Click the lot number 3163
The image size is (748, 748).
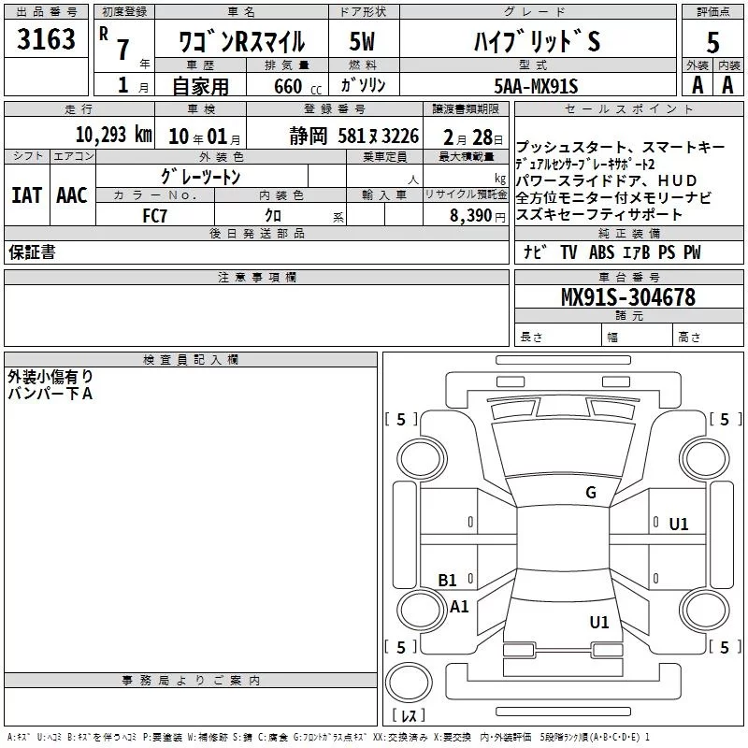pyautogui.click(x=46, y=40)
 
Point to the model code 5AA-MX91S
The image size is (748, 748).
pyautogui.click(x=536, y=86)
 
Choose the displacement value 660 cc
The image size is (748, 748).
pyautogui.click(x=293, y=86)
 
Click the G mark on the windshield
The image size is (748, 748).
pyautogui.click(x=590, y=492)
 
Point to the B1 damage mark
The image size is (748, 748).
pyautogui.click(x=448, y=580)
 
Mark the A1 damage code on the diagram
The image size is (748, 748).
pyautogui.click(x=459, y=607)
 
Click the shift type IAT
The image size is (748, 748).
pyautogui.click(x=26, y=194)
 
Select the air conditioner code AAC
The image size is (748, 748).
pyautogui.click(x=71, y=194)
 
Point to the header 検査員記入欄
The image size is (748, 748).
pyautogui.click(x=191, y=359)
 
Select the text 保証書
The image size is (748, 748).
pyautogui.click(x=31, y=252)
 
